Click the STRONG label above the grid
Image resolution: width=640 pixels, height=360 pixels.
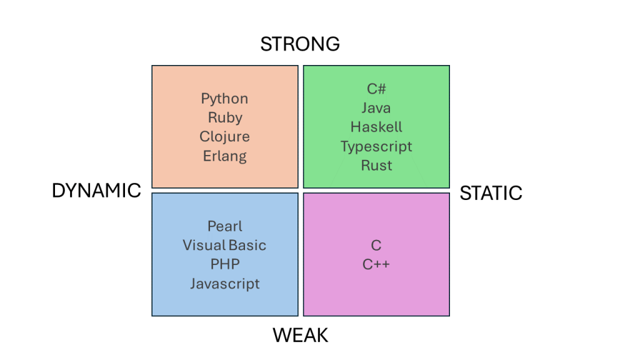click(x=300, y=44)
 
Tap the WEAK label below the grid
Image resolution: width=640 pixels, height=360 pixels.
click(x=300, y=336)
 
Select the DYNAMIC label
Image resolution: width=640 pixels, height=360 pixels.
click(x=96, y=191)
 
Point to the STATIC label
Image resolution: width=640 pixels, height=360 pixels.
click(x=491, y=193)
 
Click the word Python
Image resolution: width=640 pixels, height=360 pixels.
click(x=224, y=99)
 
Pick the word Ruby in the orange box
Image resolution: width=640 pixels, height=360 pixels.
click(x=225, y=117)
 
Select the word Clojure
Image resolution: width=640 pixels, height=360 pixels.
click(x=224, y=137)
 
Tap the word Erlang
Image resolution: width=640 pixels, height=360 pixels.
click(x=224, y=156)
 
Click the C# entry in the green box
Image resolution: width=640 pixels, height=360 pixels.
click(x=376, y=89)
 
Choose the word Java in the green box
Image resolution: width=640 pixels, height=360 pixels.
click(x=376, y=108)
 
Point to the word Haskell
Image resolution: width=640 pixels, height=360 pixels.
click(x=376, y=127)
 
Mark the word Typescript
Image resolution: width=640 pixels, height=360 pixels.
click(x=376, y=146)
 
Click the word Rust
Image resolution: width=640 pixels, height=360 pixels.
click(x=376, y=166)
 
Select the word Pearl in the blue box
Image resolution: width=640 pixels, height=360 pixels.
click(x=224, y=226)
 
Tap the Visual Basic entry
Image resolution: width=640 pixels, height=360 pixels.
click(x=224, y=245)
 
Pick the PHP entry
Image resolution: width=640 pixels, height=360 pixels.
click(x=224, y=264)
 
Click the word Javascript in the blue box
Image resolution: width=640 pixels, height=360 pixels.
click(x=224, y=283)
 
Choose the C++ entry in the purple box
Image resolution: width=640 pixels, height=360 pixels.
click(x=376, y=264)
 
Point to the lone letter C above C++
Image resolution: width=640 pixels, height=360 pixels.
click(x=376, y=245)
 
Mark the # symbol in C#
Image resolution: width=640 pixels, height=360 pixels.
click(x=381, y=89)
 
